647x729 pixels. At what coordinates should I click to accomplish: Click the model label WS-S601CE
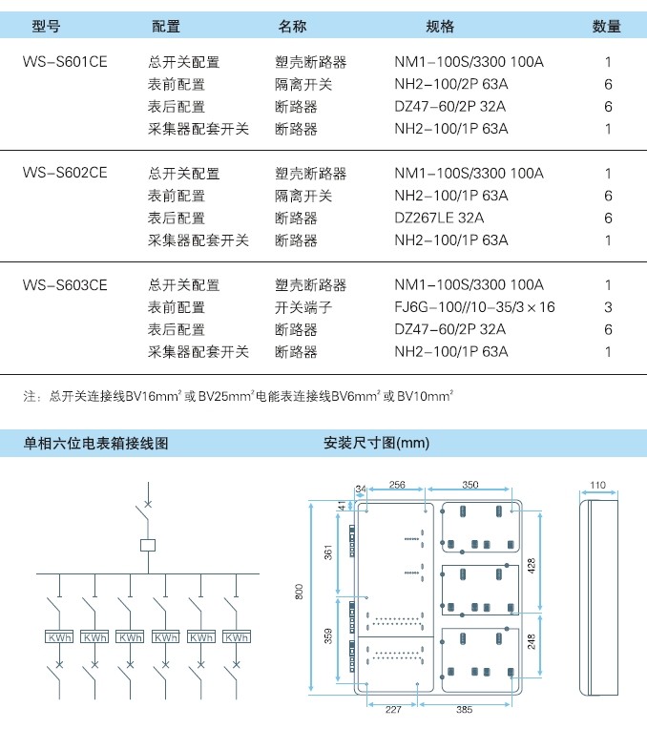tap(65, 62)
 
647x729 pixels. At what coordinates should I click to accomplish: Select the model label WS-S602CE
tap(65, 173)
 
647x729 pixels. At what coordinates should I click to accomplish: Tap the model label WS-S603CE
tap(65, 284)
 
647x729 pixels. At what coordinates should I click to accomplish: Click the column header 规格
tap(440, 26)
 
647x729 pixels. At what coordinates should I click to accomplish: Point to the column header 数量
tap(607, 26)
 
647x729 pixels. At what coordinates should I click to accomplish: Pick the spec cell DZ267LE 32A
tap(439, 218)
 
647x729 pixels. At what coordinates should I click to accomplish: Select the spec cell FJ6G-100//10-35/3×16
tap(474, 307)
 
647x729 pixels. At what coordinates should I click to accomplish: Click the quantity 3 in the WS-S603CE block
tap(608, 307)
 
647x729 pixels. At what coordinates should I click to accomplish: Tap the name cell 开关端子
tap(303, 307)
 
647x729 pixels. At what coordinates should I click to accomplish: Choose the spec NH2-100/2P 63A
tap(451, 84)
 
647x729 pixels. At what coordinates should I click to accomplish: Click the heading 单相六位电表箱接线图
tap(95, 443)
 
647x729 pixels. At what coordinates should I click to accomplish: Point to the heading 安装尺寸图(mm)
tap(376, 443)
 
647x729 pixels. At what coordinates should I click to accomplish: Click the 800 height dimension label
tap(299, 592)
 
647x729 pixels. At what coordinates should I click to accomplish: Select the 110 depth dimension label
tap(597, 485)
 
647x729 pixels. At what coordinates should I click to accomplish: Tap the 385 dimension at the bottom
tap(464, 710)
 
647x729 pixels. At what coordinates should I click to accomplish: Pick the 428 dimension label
tap(532, 565)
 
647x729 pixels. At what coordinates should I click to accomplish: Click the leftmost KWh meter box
tap(59, 637)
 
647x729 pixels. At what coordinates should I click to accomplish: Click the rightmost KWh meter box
tap(237, 637)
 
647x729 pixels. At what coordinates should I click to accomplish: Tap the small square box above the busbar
tap(148, 545)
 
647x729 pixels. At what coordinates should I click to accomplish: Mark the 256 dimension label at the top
tap(397, 485)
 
